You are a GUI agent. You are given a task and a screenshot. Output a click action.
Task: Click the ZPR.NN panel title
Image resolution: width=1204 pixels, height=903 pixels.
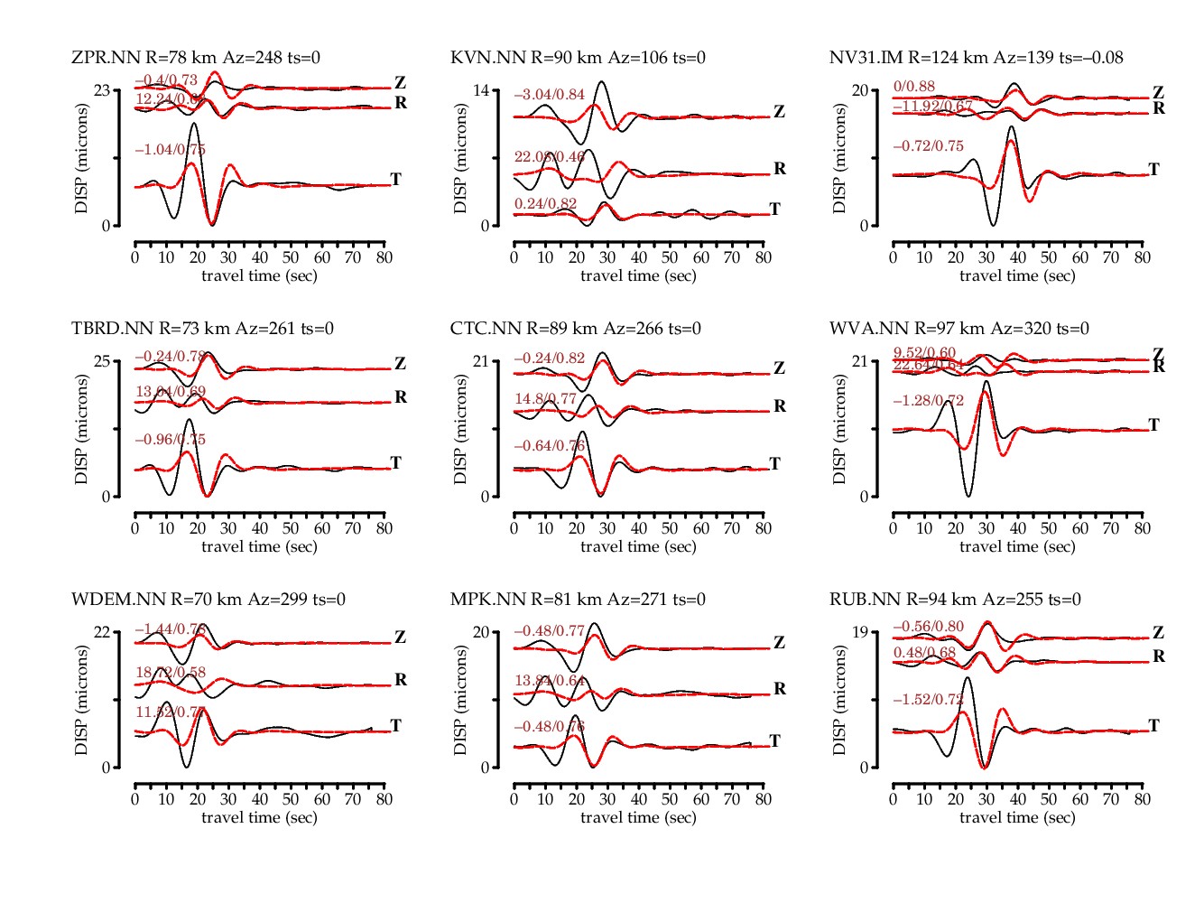196,58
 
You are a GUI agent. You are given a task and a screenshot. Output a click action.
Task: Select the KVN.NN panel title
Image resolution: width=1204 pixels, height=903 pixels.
578,58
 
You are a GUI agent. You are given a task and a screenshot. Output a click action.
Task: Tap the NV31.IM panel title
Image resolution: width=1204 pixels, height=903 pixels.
976,58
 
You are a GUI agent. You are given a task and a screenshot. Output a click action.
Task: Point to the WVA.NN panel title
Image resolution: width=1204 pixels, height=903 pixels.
959,329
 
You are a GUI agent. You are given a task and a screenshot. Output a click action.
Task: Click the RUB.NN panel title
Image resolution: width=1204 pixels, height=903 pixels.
955,600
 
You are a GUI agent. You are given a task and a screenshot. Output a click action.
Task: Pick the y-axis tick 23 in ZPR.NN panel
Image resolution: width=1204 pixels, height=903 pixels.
103,90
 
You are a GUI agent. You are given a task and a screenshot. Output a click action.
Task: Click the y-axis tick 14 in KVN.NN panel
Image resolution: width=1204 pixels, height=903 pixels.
482,90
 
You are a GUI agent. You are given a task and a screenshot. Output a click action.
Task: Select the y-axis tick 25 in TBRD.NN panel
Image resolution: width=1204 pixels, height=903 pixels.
103,361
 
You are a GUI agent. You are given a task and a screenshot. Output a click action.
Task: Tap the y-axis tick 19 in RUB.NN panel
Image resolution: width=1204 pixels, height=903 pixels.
861,632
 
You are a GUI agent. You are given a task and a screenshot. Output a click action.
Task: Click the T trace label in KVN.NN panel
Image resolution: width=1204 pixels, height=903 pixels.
774,209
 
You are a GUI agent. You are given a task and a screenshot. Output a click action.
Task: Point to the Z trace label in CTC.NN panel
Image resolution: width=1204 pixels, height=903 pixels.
779,368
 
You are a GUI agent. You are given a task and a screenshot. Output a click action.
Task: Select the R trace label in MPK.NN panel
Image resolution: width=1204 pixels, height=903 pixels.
780,689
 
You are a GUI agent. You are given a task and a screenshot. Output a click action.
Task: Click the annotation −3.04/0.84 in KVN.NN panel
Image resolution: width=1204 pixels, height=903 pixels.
549,95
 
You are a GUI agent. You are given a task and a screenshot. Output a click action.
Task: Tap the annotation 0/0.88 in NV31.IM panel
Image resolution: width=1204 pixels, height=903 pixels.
913,87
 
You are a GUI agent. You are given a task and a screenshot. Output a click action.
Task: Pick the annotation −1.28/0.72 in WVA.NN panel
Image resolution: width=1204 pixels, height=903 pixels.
928,401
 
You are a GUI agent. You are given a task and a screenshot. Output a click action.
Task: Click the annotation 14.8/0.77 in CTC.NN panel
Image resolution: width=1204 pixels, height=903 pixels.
545,399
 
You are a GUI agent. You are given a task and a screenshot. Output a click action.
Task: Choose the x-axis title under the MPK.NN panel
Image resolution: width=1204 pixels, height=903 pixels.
638,817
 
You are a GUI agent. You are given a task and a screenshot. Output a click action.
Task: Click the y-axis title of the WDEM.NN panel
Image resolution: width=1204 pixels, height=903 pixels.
82,700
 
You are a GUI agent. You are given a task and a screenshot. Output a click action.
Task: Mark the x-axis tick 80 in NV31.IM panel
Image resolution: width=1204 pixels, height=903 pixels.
1142,257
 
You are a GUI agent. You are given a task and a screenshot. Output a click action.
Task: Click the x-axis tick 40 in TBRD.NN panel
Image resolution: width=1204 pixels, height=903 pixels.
260,528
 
